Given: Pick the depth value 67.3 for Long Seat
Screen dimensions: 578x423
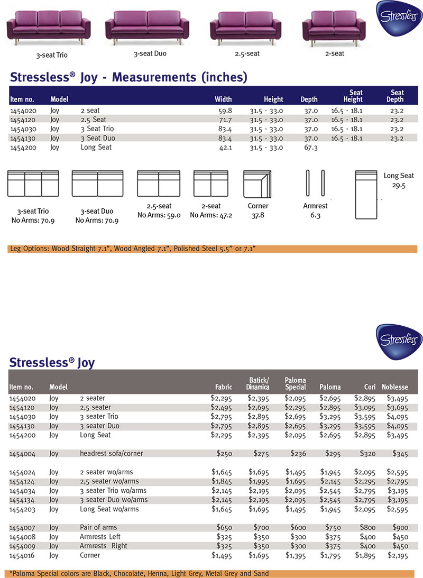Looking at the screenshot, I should pyautogui.click(x=309, y=148).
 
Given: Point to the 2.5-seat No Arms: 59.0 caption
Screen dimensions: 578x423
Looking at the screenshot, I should pyautogui.click(x=159, y=211).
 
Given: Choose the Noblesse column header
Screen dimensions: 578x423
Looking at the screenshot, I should pyautogui.click(x=394, y=387).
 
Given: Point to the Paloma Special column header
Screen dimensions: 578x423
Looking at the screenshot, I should pyautogui.click(x=296, y=383).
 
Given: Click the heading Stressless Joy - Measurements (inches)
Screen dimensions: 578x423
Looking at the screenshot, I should pyautogui.click(x=128, y=78).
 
